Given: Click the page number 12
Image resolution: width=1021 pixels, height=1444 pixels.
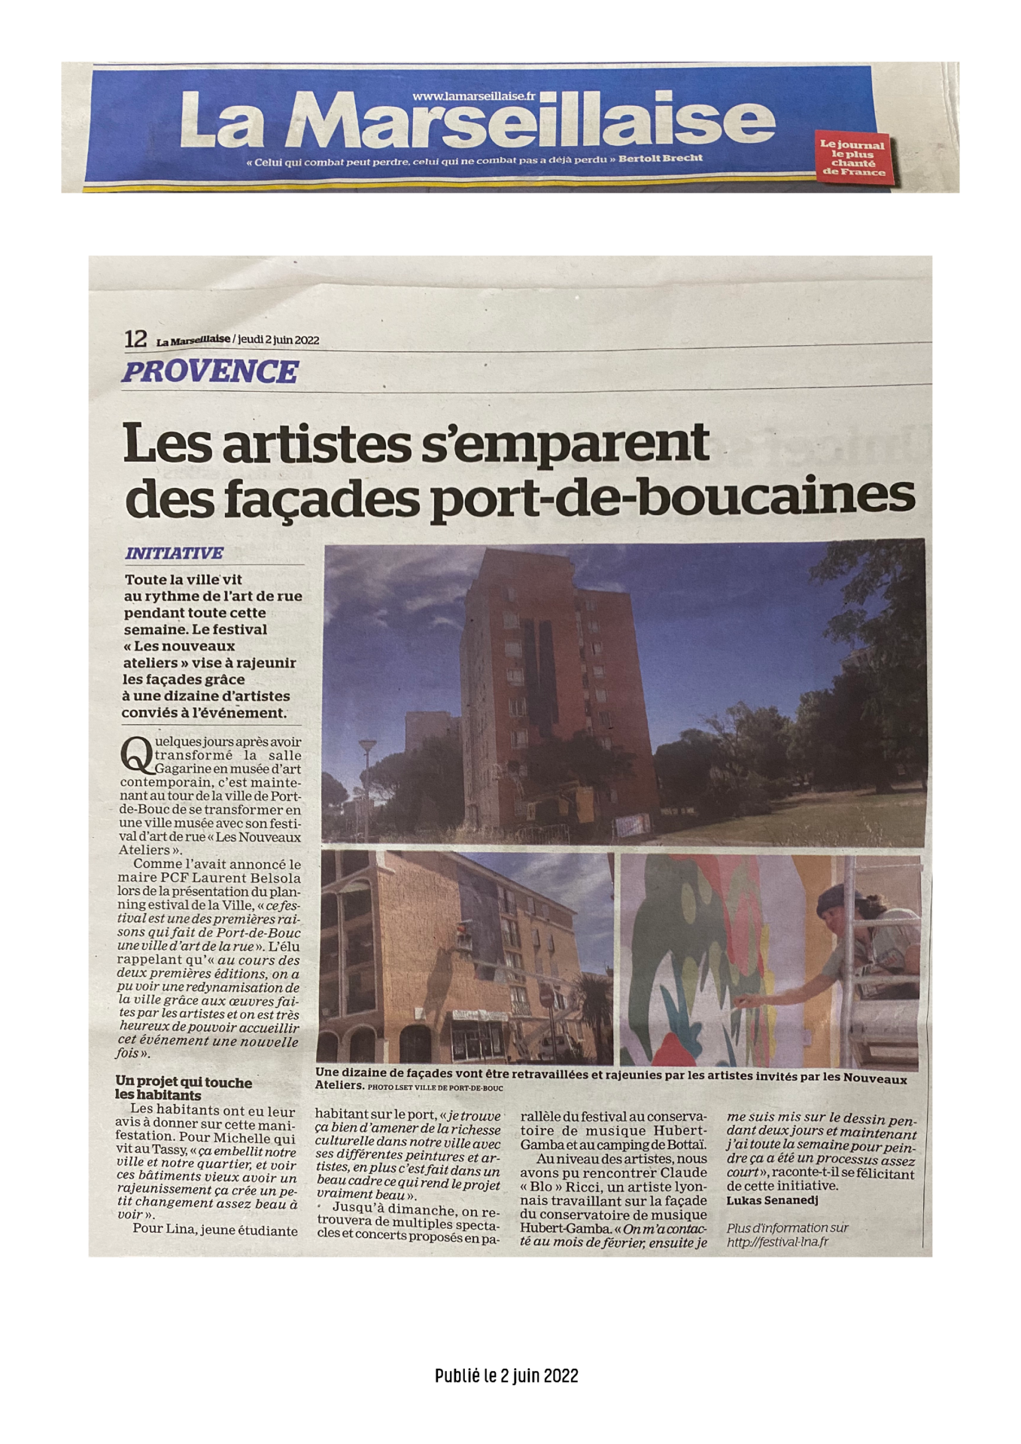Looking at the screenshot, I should pos(135,339).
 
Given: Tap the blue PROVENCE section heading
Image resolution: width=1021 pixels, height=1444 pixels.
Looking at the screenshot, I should pos(210,372).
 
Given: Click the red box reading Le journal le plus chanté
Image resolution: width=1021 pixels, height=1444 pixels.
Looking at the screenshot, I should pos(852,157).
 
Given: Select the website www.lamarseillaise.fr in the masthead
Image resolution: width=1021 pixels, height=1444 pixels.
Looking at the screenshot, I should pos(474,96).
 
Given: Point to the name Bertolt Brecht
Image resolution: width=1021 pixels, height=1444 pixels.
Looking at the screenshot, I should pos(661,159).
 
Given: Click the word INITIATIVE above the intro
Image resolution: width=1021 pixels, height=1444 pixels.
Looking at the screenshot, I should pos(175,554).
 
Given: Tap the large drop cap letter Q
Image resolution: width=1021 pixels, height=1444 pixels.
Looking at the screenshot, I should pos(135,755).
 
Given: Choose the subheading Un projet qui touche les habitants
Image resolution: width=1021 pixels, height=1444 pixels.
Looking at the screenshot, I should pos(183,1088).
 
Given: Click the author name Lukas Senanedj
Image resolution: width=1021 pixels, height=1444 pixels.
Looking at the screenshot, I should pos(772,1200).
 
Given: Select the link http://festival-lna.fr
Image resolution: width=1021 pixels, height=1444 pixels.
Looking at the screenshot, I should pos(777,1242).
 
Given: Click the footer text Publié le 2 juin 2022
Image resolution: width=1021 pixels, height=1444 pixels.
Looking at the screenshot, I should pos(506,1376).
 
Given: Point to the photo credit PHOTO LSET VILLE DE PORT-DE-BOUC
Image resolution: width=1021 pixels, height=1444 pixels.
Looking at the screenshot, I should pos(436,1088).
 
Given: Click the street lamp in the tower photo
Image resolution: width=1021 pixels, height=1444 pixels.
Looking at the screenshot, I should pos(367,747).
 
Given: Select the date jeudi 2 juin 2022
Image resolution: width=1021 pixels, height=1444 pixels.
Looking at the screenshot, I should pos(278,340).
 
